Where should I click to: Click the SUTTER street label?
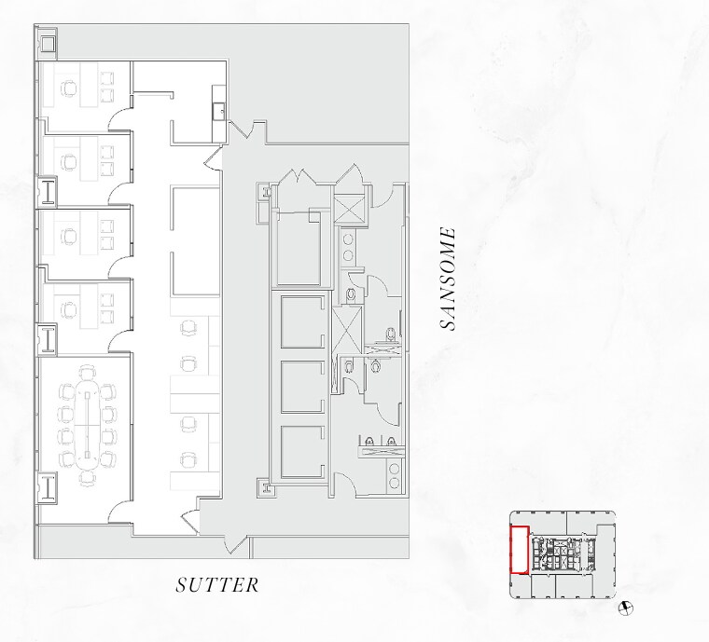click(217, 585)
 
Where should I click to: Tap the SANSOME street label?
click(449, 279)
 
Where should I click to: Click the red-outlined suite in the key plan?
click(519, 550)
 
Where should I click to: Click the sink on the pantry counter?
click(218, 111)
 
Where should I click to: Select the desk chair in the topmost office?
click(69, 89)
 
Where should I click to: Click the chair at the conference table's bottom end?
click(86, 476)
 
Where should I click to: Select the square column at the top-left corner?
click(47, 42)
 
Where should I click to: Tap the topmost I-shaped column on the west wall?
click(47, 192)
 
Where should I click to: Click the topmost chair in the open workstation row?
click(189, 328)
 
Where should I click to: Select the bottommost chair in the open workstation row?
click(189, 458)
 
